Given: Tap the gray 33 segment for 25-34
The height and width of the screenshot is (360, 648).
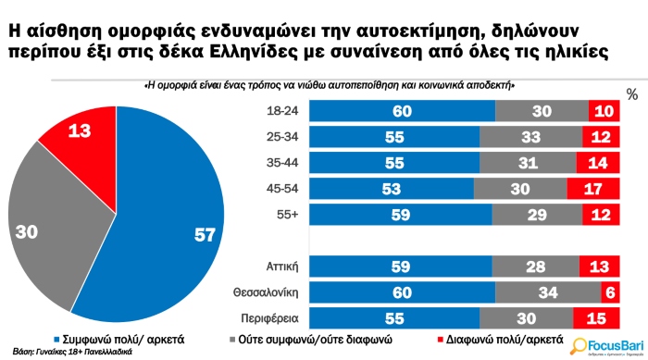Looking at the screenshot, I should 531,137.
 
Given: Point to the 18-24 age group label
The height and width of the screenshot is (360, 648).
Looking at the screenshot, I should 280,111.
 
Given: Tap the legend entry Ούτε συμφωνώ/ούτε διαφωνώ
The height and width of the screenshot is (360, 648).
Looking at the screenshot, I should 325,340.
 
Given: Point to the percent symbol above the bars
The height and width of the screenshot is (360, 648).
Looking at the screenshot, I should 632,94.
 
